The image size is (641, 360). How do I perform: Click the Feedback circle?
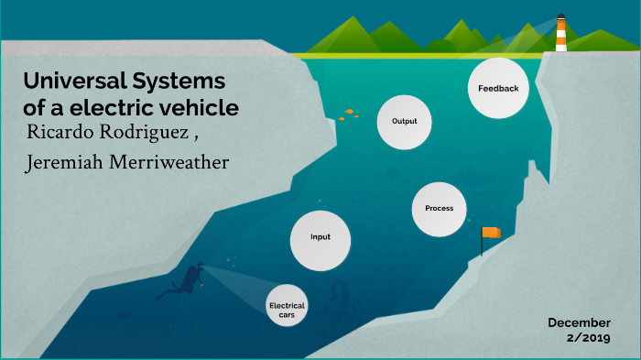[498, 89]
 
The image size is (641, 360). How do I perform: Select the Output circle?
[404, 121]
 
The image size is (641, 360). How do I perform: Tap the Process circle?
[439, 209]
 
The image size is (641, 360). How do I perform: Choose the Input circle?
[320, 237]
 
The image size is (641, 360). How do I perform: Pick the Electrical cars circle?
[287, 309]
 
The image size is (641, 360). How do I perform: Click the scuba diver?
[186, 280]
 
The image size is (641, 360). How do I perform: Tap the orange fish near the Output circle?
[349, 113]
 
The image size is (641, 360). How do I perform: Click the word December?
[579, 322]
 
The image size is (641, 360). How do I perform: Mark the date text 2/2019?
[588, 338]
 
